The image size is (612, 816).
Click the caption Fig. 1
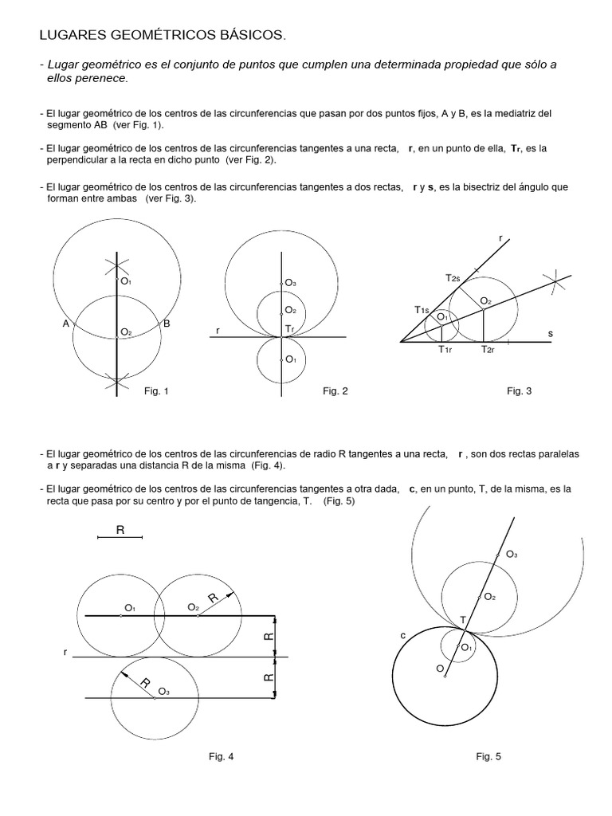point(156,390)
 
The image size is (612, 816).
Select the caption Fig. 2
point(335,390)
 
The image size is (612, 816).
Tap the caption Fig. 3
point(520,390)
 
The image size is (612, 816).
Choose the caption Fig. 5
point(488,756)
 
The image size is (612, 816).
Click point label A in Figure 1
point(66,324)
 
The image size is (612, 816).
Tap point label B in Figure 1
point(167,324)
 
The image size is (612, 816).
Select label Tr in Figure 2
point(291,329)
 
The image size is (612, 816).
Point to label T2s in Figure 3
point(453,277)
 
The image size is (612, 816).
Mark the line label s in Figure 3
point(550,333)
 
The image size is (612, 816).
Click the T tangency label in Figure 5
point(463,620)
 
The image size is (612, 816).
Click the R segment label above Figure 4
point(120,529)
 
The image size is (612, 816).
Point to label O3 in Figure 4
point(163,692)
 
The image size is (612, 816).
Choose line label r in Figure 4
point(65,652)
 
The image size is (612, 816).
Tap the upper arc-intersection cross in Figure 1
point(117,266)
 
